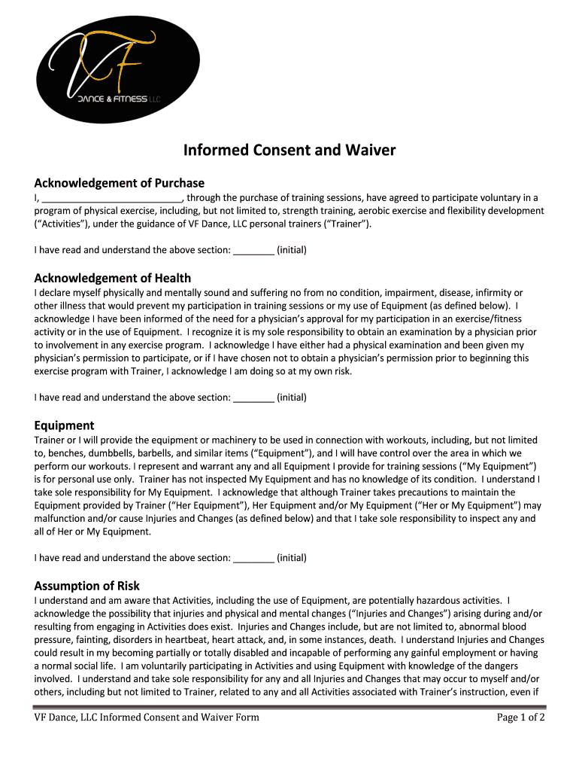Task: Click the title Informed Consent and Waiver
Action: (x=289, y=151)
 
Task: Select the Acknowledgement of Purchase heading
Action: (x=120, y=183)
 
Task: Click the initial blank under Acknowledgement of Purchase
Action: (x=253, y=250)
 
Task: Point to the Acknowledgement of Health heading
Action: (x=113, y=278)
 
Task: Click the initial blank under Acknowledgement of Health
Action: (x=253, y=397)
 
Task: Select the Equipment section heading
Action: (x=65, y=425)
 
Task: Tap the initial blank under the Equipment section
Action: (x=253, y=558)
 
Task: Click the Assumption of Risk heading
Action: (x=87, y=586)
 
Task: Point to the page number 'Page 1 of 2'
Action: (x=520, y=718)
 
